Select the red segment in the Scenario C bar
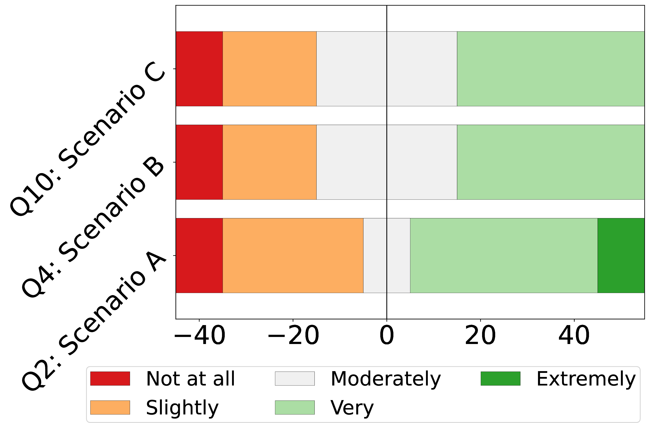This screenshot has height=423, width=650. pos(199,69)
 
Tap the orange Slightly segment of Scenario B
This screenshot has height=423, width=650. pos(270,162)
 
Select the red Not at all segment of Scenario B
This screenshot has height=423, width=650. pos(199,162)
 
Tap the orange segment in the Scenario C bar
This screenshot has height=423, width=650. pos(270,69)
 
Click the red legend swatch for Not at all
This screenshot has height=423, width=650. pos(110,379)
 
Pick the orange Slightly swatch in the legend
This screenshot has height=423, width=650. pos(110,408)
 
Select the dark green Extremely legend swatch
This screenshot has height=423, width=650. pos(501,379)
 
